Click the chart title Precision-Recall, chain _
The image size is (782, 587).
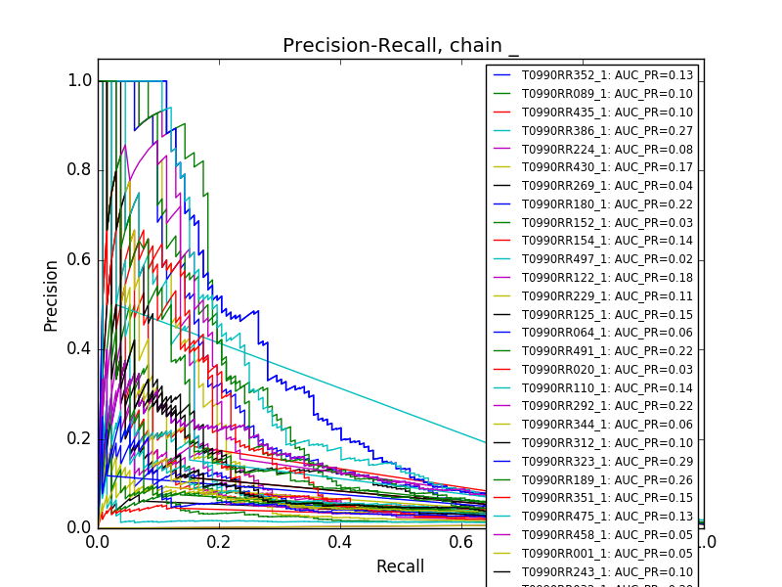tap(401, 46)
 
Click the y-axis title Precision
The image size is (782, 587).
tap(51, 294)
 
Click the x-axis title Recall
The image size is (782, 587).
tap(401, 566)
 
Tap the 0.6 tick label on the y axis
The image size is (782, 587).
tap(80, 259)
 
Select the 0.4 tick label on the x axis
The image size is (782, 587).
tap(340, 541)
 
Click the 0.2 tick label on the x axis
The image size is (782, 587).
tap(219, 541)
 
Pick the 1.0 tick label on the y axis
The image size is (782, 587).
tap(80, 81)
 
